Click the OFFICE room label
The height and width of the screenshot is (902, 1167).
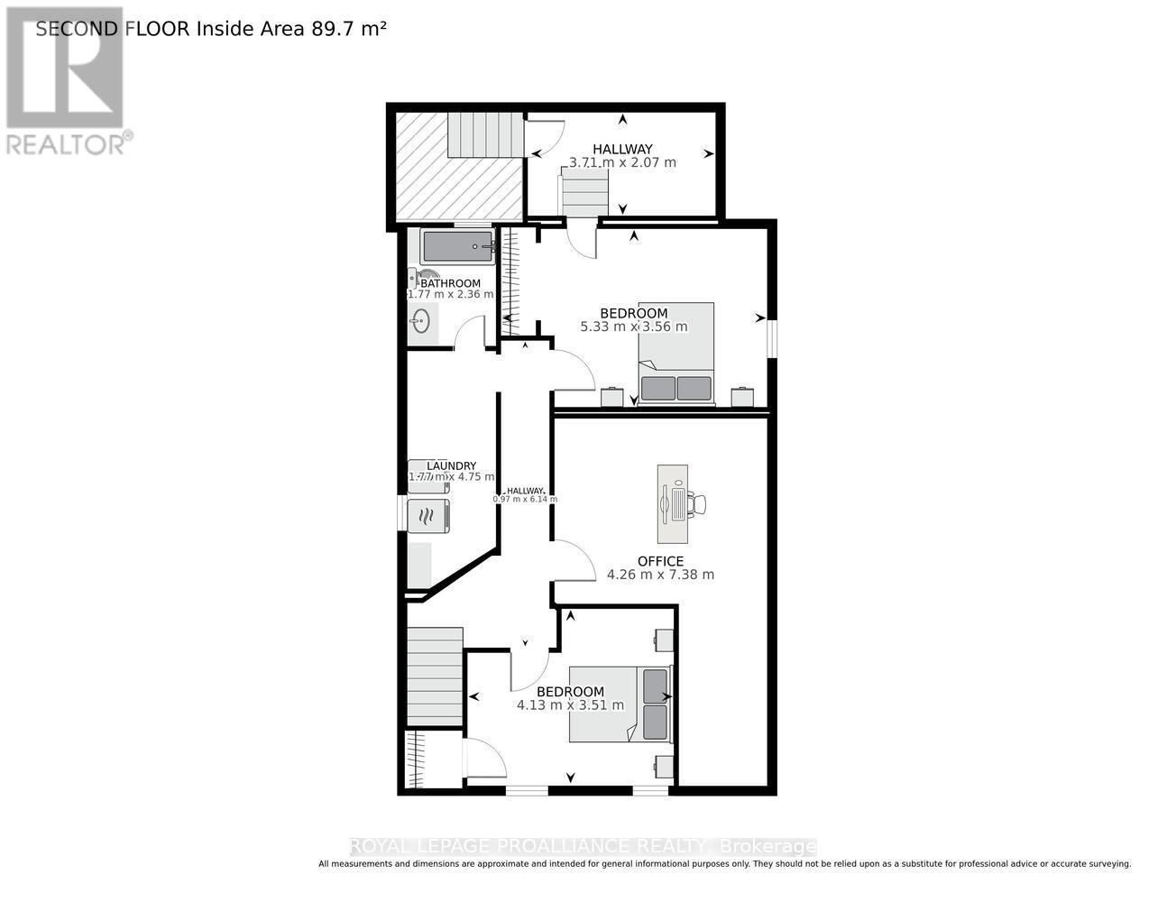660,561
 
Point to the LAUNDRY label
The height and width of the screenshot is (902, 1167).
451,465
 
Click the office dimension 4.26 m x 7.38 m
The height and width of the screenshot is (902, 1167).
660,575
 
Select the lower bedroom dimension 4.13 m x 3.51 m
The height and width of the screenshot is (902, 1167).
570,705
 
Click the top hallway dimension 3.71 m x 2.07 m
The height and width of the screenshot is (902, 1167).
622,162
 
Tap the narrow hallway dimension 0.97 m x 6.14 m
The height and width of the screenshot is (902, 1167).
525,499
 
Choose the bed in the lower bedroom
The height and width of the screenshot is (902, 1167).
620,704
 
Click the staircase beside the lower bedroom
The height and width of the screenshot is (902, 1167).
435,676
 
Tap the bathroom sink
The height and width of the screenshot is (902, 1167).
420,320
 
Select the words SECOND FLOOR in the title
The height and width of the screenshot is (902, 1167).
112,28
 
